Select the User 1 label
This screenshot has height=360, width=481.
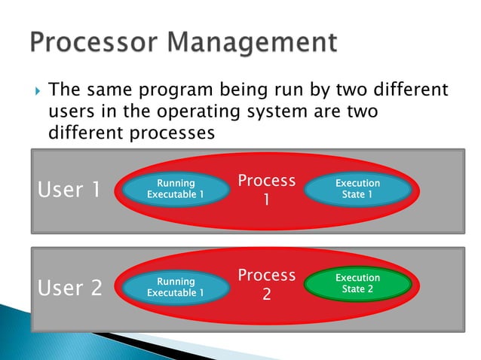tap(69, 190)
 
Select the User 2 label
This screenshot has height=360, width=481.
tap(69, 288)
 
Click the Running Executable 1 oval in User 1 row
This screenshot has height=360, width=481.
tap(175, 189)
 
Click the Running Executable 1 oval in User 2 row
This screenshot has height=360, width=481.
tap(175, 287)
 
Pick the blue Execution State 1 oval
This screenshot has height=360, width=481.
tap(357, 189)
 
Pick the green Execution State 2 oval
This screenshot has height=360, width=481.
tap(357, 284)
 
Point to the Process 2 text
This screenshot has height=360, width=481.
tap(266, 285)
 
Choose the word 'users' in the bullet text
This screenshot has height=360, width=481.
tap(69, 112)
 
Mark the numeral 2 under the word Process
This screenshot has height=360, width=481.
tap(266, 295)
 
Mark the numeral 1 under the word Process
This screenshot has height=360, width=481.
tap(266, 201)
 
